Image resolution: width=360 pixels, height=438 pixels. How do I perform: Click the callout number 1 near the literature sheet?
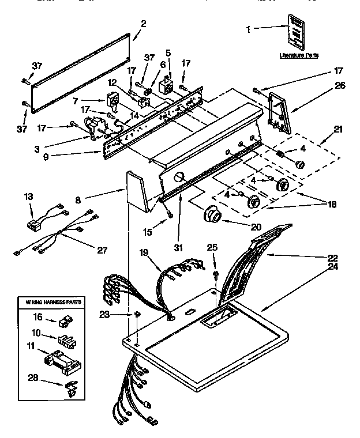pos(249,28)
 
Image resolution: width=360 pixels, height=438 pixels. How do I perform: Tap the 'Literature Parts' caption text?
pos(299,55)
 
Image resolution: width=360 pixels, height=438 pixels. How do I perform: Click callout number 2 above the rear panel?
pos(143,24)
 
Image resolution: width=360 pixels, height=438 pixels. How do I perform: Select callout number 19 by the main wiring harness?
pos(144,252)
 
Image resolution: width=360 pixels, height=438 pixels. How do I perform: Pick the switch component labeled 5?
pos(166,86)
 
